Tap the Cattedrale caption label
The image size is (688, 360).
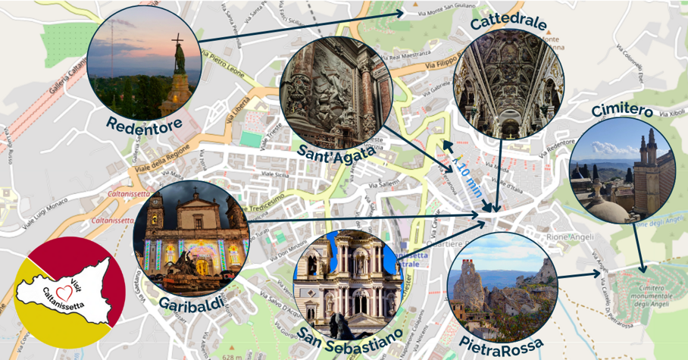[x=508, y=22]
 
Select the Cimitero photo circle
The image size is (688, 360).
[x=621, y=170]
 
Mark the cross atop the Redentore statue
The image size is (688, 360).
[x=178, y=39]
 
